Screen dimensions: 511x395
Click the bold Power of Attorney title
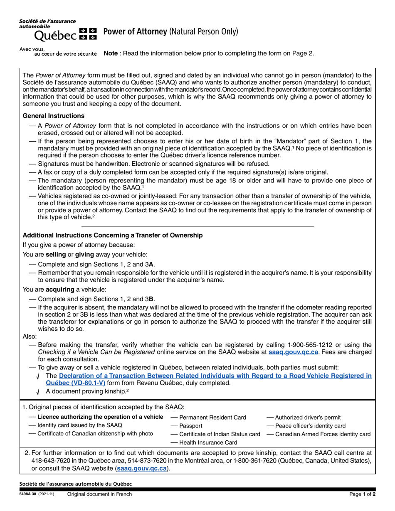coord(135,32)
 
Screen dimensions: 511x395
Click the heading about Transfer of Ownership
coord(112,235)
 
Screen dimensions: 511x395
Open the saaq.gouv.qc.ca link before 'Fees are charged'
coord(293,352)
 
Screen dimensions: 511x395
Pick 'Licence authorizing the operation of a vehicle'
coord(100,417)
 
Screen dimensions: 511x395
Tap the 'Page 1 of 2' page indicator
coord(363,494)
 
